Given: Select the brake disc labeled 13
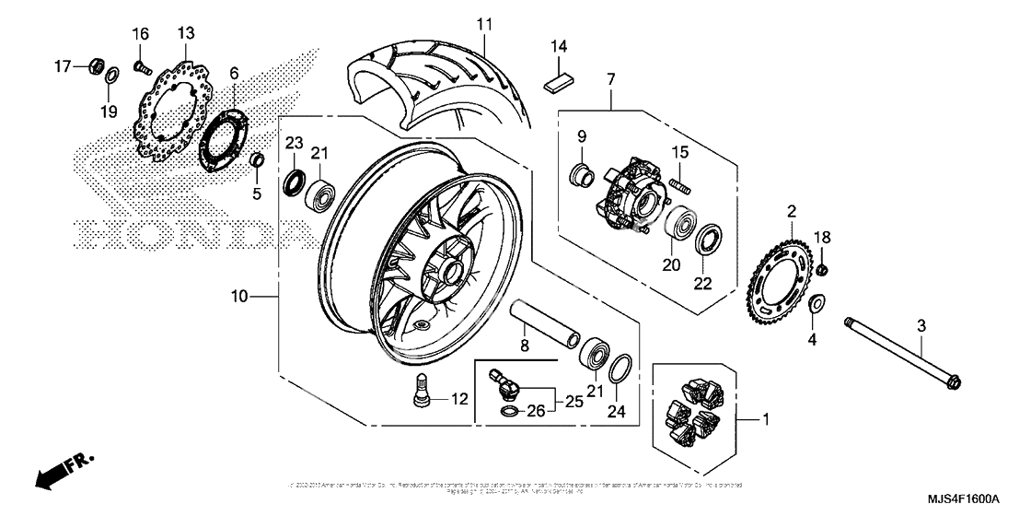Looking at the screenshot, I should click(169, 115).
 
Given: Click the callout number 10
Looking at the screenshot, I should click(239, 297).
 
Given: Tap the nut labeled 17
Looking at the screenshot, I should click(94, 66).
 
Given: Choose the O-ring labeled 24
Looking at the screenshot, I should click(619, 367).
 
